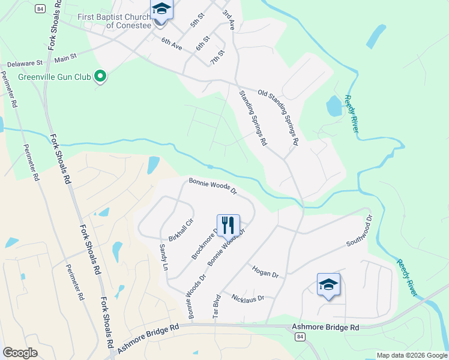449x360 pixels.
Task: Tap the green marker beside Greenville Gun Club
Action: coord(101,77)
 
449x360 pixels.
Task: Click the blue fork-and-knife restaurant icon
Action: coord(228,226)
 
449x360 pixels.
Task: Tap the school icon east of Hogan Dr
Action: coord(328,284)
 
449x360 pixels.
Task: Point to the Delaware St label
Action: coord(25,62)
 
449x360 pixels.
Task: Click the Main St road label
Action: coord(66,58)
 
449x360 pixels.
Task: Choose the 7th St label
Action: coord(217,57)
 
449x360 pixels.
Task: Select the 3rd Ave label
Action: coord(229,20)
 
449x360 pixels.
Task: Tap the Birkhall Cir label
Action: coord(181,230)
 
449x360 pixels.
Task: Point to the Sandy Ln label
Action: coord(163,257)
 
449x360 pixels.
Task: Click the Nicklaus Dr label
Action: coord(248,298)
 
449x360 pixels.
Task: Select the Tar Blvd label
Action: coord(217,306)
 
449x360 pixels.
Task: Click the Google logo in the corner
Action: coord(20,353)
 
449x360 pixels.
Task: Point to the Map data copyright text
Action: coord(411,355)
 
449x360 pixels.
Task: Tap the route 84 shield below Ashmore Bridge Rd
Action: coord(299,338)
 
